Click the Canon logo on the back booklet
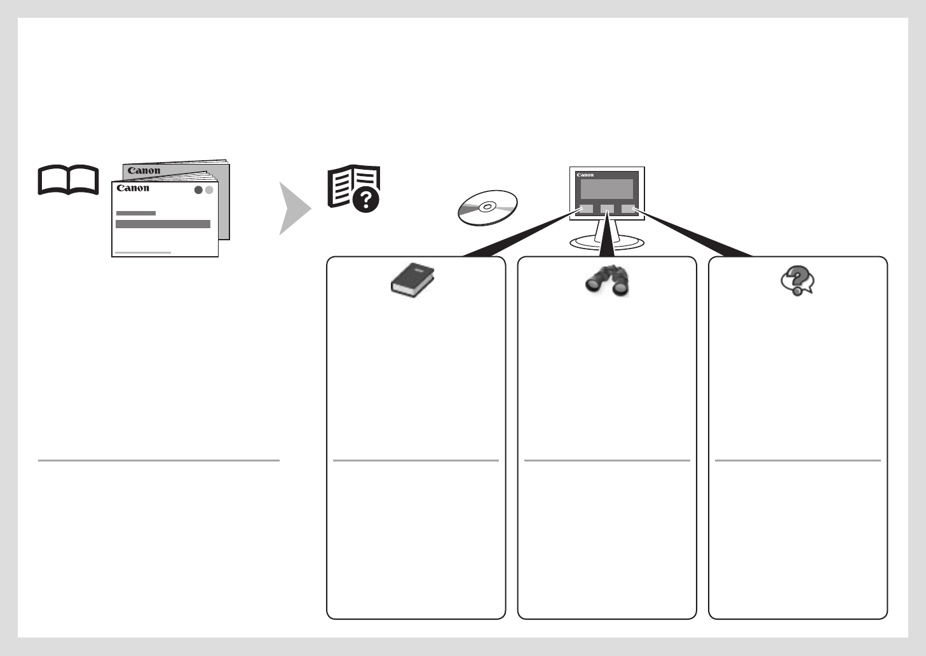tap(144, 170)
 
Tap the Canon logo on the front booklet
tap(133, 188)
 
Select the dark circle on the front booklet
tap(198, 190)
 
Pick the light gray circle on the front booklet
tap(209, 190)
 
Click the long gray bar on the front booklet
tap(163, 224)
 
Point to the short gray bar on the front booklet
tap(136, 213)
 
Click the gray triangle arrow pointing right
tap(294, 208)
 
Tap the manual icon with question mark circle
tap(354, 188)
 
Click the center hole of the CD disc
tap(487, 207)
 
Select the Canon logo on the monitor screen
tap(585, 175)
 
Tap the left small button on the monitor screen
tap(586, 209)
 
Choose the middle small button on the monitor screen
tap(607, 209)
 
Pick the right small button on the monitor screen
tap(628, 209)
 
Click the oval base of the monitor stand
tap(607, 243)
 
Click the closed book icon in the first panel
tap(412, 280)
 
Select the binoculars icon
tap(607, 280)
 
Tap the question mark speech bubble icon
tap(798, 280)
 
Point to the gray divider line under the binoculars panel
tap(607, 460)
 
